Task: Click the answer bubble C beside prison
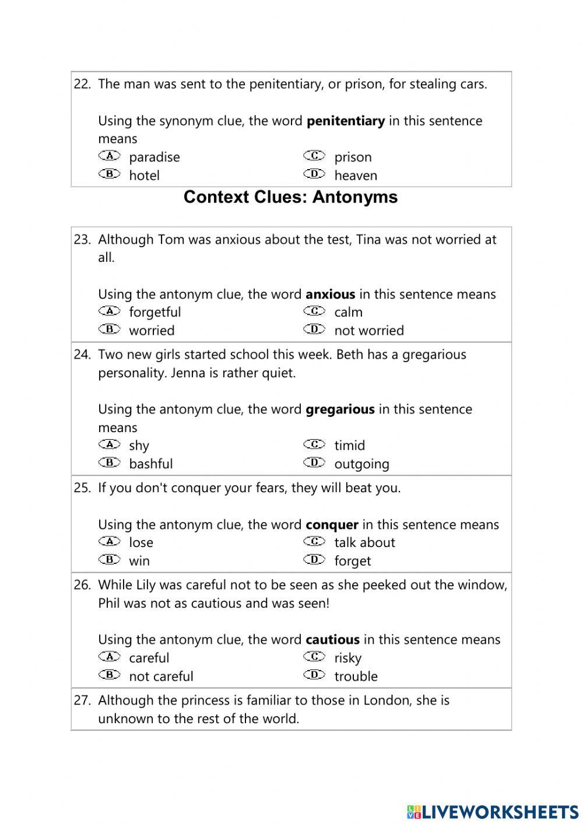coord(314,156)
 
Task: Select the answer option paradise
coord(154,157)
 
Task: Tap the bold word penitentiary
coord(345,121)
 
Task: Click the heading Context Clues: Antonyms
coord(290,197)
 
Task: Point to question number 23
coord(82,240)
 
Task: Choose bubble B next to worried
coord(109,329)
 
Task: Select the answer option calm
coord(348,313)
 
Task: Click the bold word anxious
coord(330,294)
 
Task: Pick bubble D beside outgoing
coord(314,462)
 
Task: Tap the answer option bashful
coord(150,464)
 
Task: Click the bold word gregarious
coord(340,409)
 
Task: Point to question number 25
coord(82,488)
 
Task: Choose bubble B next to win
coord(109,559)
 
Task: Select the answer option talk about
coord(364,543)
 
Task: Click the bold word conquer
coord(332,525)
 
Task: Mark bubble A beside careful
coord(109,657)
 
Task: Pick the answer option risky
coord(347,658)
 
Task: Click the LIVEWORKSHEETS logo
coord(493,811)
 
